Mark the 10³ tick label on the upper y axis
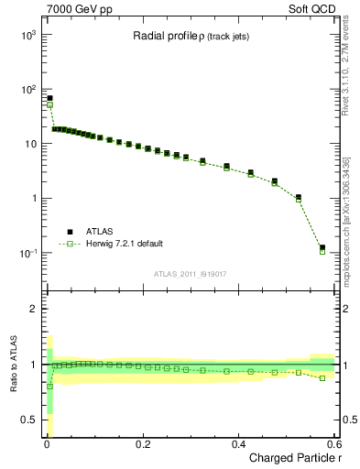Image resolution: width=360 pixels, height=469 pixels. [27, 35]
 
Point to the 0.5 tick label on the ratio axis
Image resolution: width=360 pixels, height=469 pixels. [28, 420]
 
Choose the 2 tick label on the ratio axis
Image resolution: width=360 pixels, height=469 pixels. [33, 309]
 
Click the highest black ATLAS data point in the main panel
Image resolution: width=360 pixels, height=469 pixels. [49, 98]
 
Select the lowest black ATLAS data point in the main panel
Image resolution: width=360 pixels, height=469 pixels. [322, 247]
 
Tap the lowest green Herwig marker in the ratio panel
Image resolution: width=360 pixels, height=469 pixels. [49, 386]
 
